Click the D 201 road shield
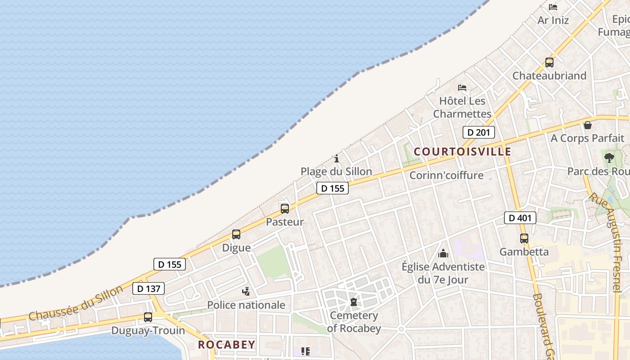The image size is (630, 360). click(479, 132)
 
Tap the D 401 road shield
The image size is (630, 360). click(520, 218)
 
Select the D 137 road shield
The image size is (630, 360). click(148, 288)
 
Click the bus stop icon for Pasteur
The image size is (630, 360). click(285, 209)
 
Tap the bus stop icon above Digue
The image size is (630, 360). click(236, 234)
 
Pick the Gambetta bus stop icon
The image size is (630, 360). click(524, 238)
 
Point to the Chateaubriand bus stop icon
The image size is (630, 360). click(549, 63)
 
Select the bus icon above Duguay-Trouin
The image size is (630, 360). click(148, 317)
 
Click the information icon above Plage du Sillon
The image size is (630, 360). click(337, 158)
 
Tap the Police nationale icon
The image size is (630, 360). click(246, 292)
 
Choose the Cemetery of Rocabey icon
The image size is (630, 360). click(354, 301)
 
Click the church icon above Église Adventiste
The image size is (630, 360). click(443, 253)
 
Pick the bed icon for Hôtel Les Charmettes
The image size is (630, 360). click(462, 87)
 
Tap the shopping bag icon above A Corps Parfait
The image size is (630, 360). click(588, 125)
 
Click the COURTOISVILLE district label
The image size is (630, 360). click(462, 152)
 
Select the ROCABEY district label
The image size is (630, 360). click(227, 345)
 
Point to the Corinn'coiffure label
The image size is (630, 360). click(446, 175)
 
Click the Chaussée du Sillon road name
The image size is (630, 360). click(75, 303)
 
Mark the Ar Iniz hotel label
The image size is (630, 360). click(553, 20)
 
